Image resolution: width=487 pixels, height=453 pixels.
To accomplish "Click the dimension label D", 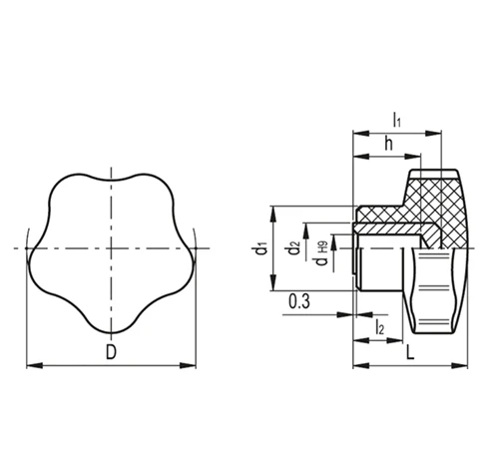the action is click(x=111, y=352).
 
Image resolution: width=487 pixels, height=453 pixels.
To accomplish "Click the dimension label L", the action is click(x=410, y=352).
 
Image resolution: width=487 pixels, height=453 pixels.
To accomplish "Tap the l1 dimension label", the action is click(x=397, y=120).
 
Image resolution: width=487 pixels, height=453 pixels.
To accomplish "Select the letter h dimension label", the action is click(x=388, y=144).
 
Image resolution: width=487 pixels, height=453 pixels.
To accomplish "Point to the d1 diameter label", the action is click(x=262, y=249).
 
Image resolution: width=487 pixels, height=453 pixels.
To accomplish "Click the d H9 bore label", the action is click(x=322, y=253).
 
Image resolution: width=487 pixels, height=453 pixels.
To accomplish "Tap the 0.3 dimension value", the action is click(x=299, y=301).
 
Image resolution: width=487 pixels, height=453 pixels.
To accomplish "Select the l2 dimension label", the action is click(x=380, y=327).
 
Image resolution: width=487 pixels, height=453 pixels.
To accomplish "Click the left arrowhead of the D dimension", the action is click(x=35, y=365).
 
